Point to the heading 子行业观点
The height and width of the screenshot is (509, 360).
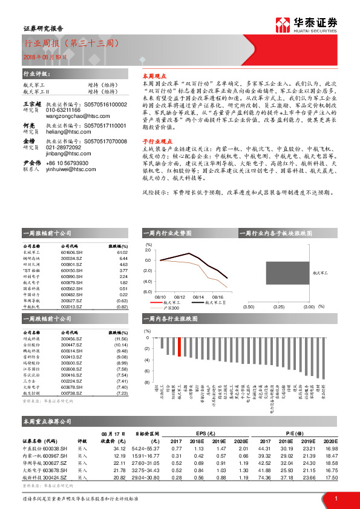coord(154,138)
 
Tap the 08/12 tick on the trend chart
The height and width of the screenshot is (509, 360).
coord(179,297)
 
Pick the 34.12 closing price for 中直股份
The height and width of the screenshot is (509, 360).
coord(119,449)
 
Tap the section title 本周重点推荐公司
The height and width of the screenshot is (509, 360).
coord(47,421)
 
